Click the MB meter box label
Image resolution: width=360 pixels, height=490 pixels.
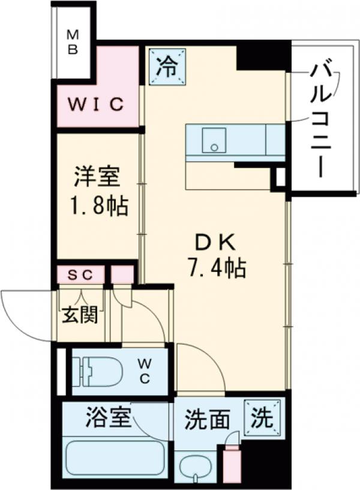(72, 41)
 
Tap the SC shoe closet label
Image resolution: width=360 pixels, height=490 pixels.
(80, 275)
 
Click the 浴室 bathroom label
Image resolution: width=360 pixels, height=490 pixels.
(108, 417)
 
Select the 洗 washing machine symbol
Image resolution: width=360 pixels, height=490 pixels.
(263, 416)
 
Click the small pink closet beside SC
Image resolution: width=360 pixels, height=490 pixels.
(123, 274)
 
